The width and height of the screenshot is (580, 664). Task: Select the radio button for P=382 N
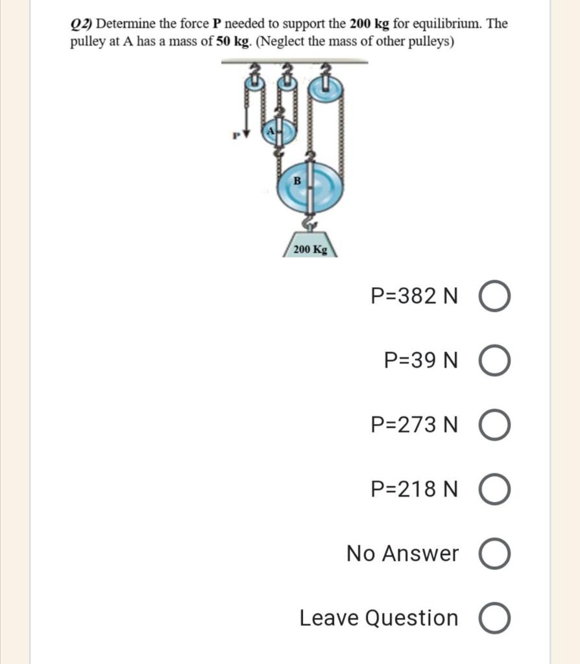494,296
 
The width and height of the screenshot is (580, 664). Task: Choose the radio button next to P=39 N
494,361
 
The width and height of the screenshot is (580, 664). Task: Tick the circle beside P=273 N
494,425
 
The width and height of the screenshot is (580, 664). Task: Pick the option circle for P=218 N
494,490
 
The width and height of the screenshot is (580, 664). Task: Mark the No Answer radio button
494,554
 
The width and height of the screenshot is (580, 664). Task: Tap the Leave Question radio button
494,619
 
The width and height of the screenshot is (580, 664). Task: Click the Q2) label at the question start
82,25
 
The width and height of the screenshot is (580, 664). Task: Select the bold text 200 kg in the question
369,25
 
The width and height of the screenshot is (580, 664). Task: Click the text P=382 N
414,296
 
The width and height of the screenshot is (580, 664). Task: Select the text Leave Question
379,619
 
